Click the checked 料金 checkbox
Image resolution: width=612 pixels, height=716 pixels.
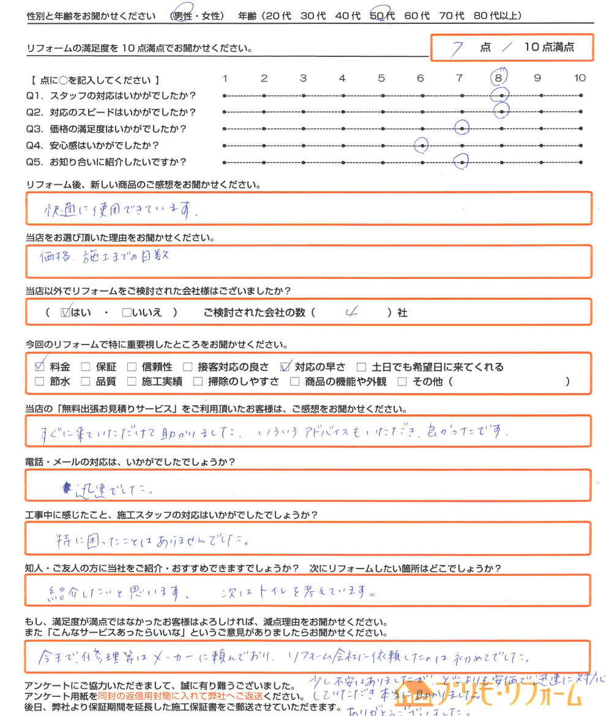pos(40,367)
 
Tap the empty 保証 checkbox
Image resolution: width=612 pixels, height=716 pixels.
pos(86,367)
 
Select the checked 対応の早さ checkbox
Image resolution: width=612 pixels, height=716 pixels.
pos(285,367)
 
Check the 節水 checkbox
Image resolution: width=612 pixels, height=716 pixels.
pos(40,382)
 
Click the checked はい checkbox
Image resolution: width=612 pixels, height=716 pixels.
pos(65,313)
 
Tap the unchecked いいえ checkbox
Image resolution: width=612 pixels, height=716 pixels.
pos(127,313)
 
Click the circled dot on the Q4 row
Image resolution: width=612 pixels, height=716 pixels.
pos(421,146)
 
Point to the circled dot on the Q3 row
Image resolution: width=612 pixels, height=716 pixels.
pos(461,128)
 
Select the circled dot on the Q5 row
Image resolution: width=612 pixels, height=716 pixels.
pos(461,162)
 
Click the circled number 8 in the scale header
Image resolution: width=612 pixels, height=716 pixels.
pos(499,78)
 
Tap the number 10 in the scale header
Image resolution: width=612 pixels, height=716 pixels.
pos(580,78)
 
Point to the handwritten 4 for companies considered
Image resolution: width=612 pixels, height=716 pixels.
pos(351,313)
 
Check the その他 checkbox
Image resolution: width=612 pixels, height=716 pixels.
pos(402,382)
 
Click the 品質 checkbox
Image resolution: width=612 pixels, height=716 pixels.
pos(86,382)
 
